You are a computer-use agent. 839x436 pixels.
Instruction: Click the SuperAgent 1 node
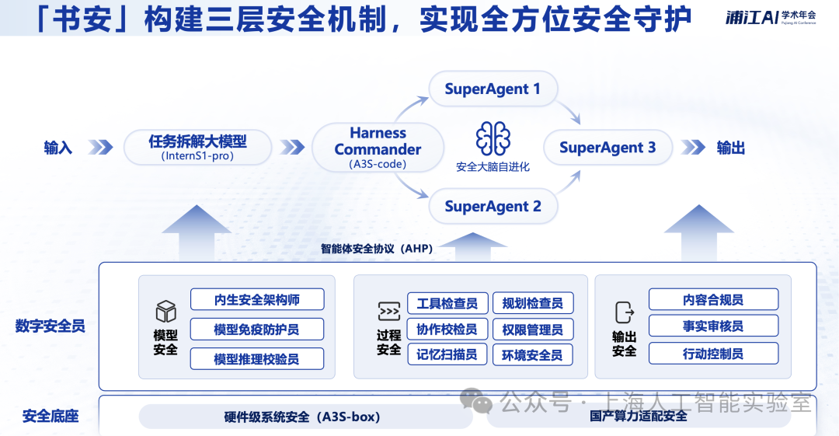pyautogui.click(x=493, y=89)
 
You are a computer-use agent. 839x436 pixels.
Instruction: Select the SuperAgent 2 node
pyautogui.click(x=493, y=207)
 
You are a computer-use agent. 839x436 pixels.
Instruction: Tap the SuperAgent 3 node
pyautogui.click(x=607, y=148)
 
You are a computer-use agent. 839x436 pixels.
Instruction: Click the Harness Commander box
pyautogui.click(x=378, y=148)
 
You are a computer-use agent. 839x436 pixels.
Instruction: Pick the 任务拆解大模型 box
pyautogui.click(x=197, y=147)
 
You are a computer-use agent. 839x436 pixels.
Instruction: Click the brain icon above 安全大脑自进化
pyautogui.click(x=493, y=138)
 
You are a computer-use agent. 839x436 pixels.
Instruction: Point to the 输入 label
pyautogui.click(x=58, y=148)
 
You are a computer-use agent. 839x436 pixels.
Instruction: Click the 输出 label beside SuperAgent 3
pyautogui.click(x=730, y=148)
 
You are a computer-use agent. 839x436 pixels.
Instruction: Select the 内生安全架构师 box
pyautogui.click(x=257, y=300)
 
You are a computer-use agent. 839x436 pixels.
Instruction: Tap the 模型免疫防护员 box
pyautogui.click(x=257, y=330)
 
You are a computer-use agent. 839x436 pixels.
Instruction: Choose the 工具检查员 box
pyautogui.click(x=447, y=303)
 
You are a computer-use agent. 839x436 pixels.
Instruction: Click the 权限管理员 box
pyautogui.click(x=533, y=330)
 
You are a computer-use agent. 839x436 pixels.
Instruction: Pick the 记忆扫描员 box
pyautogui.click(x=447, y=355)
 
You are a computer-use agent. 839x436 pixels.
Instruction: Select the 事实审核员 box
pyautogui.click(x=713, y=326)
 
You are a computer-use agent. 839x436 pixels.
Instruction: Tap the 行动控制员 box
pyautogui.click(x=713, y=354)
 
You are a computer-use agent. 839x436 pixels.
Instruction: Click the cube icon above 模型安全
pyautogui.click(x=165, y=312)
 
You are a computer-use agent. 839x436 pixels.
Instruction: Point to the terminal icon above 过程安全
pyautogui.click(x=388, y=312)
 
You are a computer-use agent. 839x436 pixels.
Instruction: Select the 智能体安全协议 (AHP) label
pyautogui.click(x=377, y=249)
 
